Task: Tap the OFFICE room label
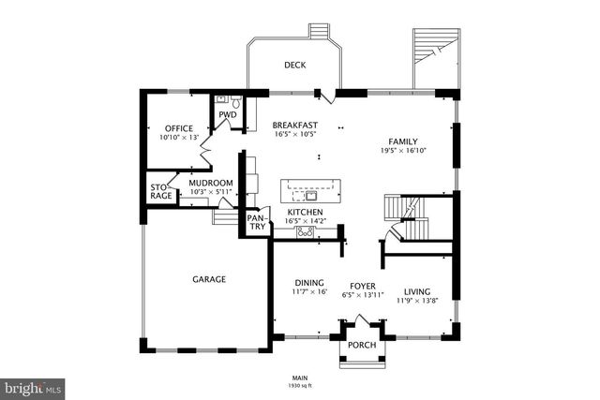tap(178, 128)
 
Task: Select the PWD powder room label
tap(226, 115)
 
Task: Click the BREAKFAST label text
tap(294, 125)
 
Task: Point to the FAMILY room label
tap(403, 140)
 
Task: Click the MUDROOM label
tap(210, 183)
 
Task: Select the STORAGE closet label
tap(161, 192)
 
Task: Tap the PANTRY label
tap(256, 223)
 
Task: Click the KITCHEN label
tap(305, 213)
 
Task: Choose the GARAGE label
tap(209, 278)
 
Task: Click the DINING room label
tap(308, 284)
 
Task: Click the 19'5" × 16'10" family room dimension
tap(403, 150)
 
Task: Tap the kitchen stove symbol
tap(306, 231)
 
